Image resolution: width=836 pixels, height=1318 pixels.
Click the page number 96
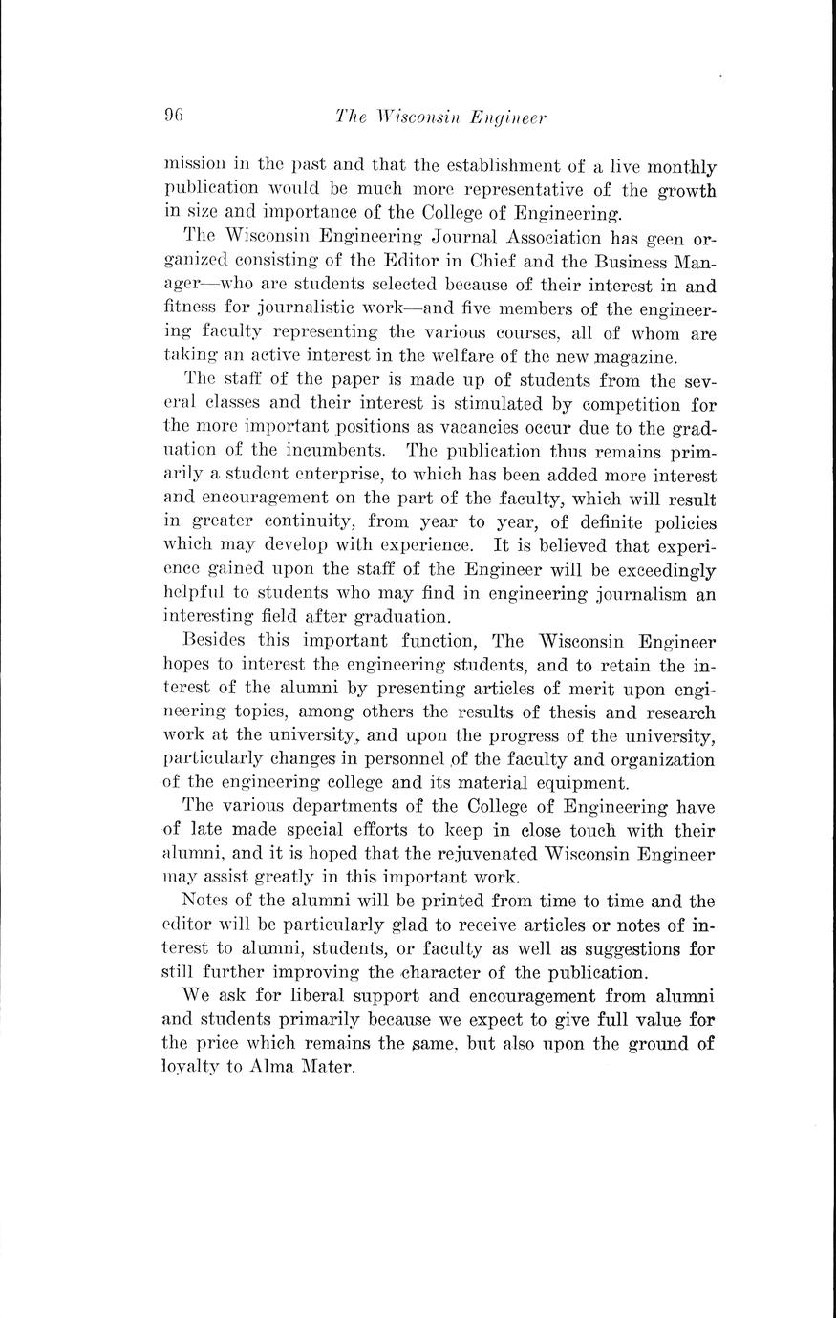[x=174, y=117]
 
